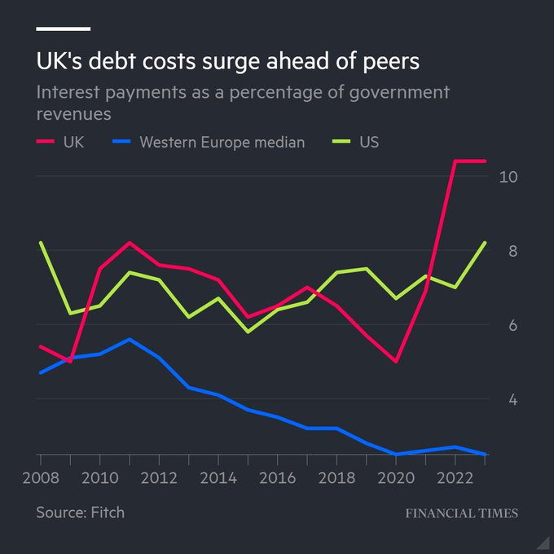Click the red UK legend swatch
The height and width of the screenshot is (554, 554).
(x=46, y=142)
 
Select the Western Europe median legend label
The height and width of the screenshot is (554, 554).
(x=222, y=142)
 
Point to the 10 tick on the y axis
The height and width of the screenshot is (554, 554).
(x=508, y=177)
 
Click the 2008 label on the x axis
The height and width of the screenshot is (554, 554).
(x=40, y=479)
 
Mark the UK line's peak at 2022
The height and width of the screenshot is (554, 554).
(x=455, y=161)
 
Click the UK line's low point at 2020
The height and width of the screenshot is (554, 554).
(x=396, y=362)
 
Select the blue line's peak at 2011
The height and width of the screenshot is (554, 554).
(x=130, y=339)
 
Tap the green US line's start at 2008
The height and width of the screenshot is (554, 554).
(x=41, y=243)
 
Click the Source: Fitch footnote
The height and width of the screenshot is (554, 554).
(x=80, y=512)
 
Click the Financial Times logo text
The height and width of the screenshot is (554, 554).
(x=461, y=513)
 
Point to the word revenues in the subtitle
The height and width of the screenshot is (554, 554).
(x=73, y=113)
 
